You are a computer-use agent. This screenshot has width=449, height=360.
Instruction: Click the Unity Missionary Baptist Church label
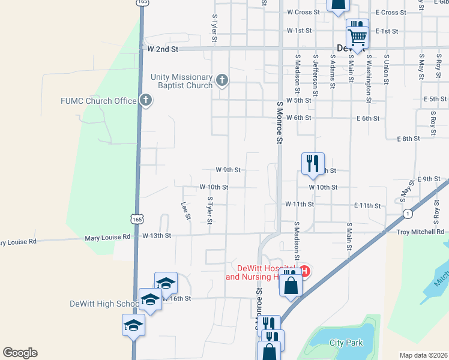coord(182,81)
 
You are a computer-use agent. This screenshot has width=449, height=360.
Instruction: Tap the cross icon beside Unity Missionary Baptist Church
coord(222,80)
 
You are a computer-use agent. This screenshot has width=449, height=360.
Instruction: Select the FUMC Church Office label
coord(99,101)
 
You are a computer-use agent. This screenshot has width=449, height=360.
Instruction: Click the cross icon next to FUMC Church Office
coord(145,100)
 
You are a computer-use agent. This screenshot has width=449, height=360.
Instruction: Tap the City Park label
coord(346,343)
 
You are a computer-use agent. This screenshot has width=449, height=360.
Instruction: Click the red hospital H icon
coord(304,272)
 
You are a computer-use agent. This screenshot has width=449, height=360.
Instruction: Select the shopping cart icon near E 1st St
coord(357,37)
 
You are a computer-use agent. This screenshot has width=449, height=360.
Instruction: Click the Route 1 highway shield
coord(408,214)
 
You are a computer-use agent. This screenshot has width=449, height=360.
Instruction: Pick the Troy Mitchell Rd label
coord(420,232)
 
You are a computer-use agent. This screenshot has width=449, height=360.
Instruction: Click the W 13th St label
coord(157,236)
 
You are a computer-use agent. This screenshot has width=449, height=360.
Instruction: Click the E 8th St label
coord(408,139)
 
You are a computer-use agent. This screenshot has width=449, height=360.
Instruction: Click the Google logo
coord(20,353)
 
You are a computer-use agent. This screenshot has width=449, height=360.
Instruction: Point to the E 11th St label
coord(367,206)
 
